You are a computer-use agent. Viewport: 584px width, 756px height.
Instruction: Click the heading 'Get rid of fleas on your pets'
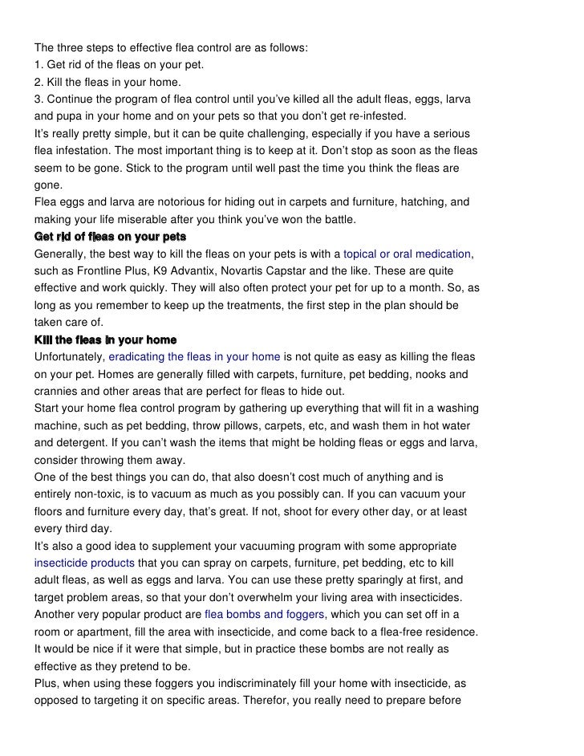tap(110, 237)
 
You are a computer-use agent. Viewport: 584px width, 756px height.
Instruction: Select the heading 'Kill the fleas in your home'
tap(105, 340)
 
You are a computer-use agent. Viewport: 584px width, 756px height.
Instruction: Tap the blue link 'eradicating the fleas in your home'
tap(201, 357)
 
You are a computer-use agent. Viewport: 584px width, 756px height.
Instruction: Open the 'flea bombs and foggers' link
tap(265, 614)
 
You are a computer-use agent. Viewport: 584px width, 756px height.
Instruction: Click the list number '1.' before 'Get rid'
tap(39, 65)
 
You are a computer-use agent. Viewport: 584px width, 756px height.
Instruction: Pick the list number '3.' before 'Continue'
tap(39, 99)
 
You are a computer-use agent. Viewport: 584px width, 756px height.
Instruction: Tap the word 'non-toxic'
tap(104, 494)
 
